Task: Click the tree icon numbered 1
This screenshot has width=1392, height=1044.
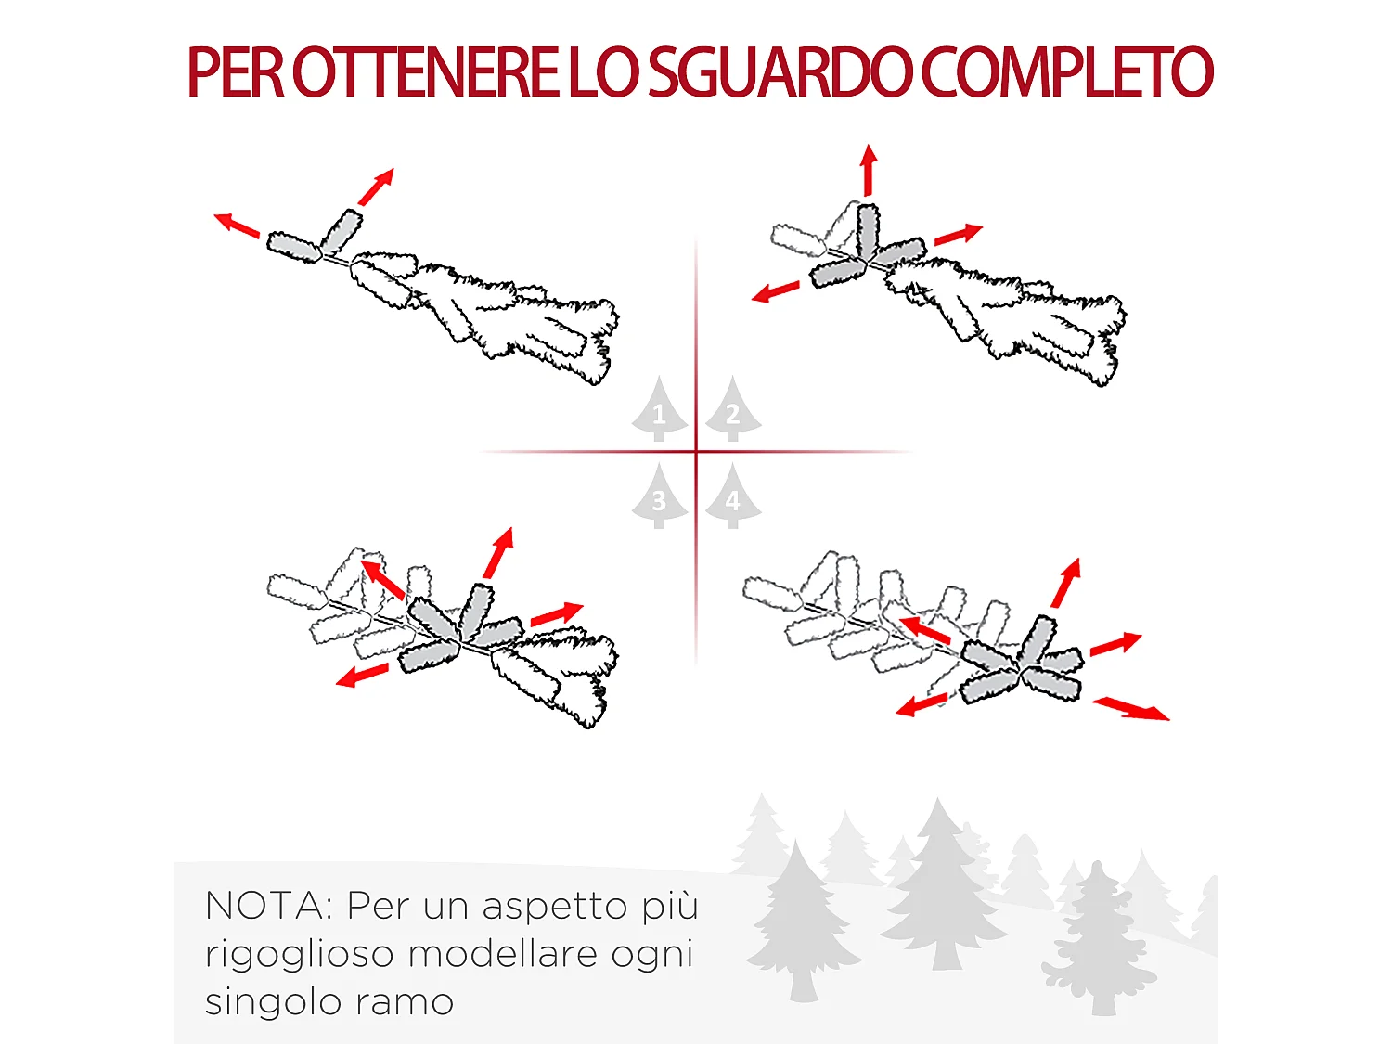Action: [659, 410]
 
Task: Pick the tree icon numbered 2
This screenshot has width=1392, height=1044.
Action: [733, 410]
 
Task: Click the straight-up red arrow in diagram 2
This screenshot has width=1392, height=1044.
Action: [868, 170]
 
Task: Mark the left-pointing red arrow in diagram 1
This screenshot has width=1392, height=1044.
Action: [237, 226]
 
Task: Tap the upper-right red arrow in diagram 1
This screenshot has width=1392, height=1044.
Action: [377, 187]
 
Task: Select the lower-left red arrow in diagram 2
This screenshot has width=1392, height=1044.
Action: [776, 291]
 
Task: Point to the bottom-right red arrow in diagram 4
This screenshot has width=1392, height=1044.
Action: [1131, 709]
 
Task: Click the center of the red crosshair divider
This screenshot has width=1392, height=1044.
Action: [696, 452]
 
